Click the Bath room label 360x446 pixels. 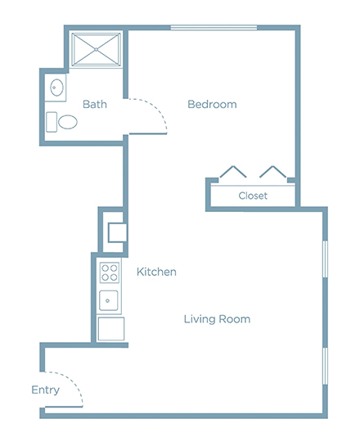(x=95, y=105)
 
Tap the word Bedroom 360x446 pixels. (x=212, y=105)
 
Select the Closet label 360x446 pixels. (x=253, y=196)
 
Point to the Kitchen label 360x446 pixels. (x=156, y=272)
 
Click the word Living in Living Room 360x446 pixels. (x=199, y=319)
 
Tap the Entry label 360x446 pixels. (x=46, y=390)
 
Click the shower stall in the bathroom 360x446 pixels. (x=96, y=50)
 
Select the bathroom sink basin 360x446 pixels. (x=57, y=88)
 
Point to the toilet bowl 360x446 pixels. (x=68, y=122)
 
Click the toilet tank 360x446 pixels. (x=52, y=122)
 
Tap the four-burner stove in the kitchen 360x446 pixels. (x=110, y=273)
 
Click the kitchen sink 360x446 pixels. (x=108, y=300)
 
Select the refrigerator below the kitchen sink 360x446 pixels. (x=111, y=329)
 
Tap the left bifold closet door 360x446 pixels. (x=233, y=171)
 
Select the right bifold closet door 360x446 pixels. (x=273, y=171)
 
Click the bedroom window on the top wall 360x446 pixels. (x=214, y=28)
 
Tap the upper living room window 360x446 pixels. (x=326, y=259)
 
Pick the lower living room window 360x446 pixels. (x=326, y=366)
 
